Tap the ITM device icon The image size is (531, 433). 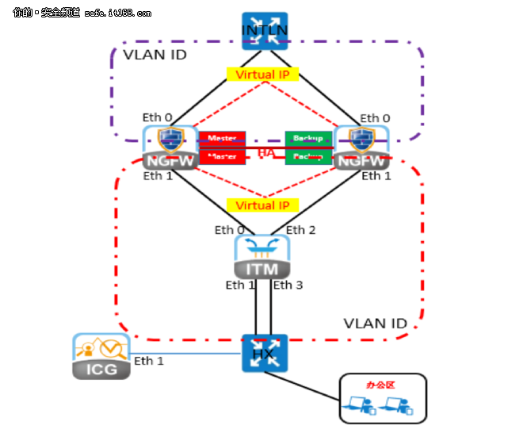pos(262,256)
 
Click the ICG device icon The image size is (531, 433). pos(101,356)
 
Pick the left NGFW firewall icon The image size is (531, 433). pos(169,147)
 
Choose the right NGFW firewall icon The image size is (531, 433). pos(362,147)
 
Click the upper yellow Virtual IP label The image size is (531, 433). pos(262,75)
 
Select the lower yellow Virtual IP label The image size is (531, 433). pos(262,205)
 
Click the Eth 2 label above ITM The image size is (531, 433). pos(300,230)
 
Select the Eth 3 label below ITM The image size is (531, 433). pos(288,285)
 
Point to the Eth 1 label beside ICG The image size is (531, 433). pos(148,361)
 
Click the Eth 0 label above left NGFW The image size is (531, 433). pos(158,117)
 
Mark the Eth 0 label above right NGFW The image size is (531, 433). pos(375,118)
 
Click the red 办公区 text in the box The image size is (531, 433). pos(376,385)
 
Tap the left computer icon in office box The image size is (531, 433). pos(355,406)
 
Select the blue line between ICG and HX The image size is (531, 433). pos(185,354)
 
